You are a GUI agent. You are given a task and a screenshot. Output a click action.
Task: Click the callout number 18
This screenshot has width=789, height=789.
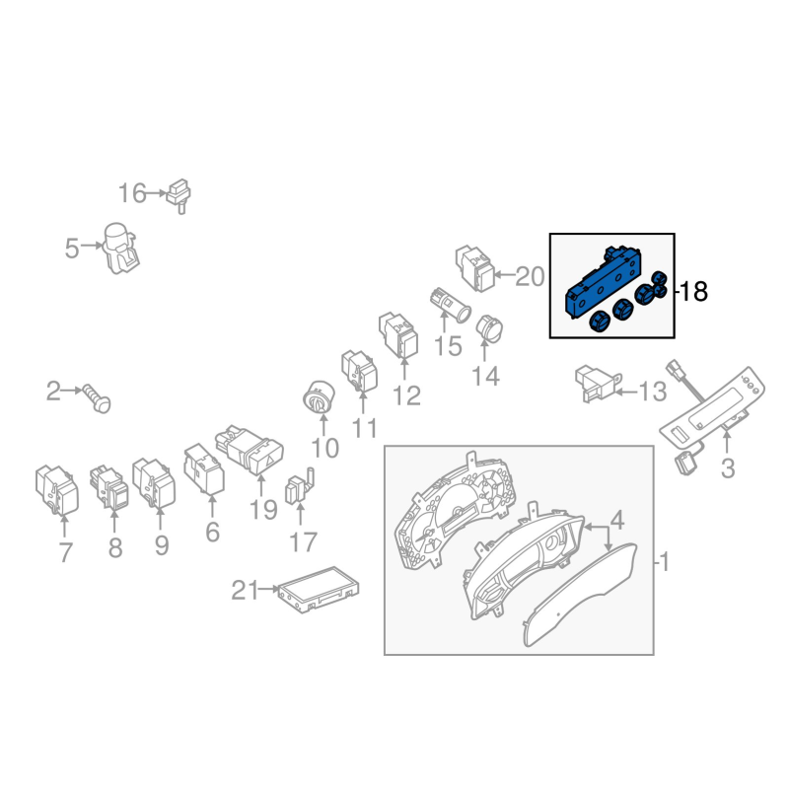point(694,291)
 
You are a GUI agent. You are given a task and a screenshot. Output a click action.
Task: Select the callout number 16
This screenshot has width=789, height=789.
point(132,193)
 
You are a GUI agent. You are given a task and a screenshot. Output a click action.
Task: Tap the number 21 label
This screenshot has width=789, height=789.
point(244,590)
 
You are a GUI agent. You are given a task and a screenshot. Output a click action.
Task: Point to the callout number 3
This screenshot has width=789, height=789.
point(728,468)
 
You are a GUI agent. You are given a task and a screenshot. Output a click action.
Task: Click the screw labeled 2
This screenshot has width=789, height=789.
point(97,397)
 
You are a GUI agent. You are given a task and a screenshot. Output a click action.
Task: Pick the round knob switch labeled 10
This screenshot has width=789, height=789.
point(319,397)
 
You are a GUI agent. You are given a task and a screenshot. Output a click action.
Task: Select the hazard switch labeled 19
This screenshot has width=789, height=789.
point(250,450)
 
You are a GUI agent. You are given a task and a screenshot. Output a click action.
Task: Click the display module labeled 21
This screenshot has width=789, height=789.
point(319,589)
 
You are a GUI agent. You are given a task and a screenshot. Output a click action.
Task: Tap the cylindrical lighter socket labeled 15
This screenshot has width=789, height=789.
point(451,305)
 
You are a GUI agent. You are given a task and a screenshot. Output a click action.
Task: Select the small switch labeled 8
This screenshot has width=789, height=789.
point(108,486)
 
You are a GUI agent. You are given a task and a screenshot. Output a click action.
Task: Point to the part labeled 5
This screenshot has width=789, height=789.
point(120,249)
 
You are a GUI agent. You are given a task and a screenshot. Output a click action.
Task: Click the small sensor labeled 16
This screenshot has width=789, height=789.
point(179,195)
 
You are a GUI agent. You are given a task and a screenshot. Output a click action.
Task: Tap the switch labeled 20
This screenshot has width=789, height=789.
point(474,268)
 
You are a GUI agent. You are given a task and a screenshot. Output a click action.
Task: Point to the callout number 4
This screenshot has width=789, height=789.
point(617,520)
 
